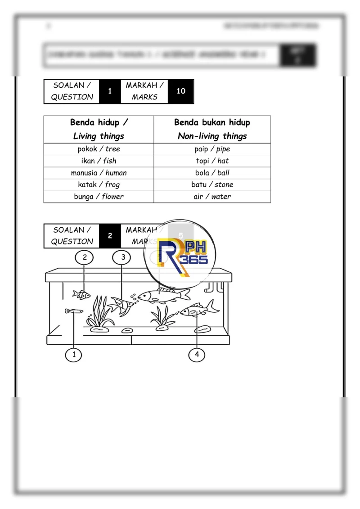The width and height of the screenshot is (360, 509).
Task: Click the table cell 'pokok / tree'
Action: click(x=99, y=149)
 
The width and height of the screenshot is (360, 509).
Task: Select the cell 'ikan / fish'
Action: click(x=99, y=161)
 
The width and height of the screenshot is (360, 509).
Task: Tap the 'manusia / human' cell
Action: click(x=99, y=173)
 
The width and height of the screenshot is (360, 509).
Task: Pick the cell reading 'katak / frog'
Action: click(x=99, y=185)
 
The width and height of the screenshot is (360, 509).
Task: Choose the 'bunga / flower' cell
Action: click(x=99, y=197)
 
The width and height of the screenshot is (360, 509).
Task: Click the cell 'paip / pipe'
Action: click(x=212, y=149)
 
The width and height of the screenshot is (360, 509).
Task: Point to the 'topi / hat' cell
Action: click(x=212, y=161)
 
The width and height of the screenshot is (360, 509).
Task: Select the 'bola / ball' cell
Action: click(x=212, y=173)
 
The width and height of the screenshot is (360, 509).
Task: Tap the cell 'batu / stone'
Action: click(x=212, y=185)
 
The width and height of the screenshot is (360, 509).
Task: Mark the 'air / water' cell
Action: click(x=212, y=197)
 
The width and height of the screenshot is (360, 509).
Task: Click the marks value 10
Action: click(x=181, y=91)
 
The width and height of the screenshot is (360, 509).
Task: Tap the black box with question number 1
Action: click(x=110, y=91)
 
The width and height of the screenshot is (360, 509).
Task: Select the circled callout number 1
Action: click(x=74, y=355)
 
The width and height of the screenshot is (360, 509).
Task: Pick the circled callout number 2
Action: click(x=85, y=257)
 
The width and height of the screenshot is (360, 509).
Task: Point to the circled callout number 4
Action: click(x=197, y=355)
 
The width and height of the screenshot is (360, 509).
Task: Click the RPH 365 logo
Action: click(x=180, y=255)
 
